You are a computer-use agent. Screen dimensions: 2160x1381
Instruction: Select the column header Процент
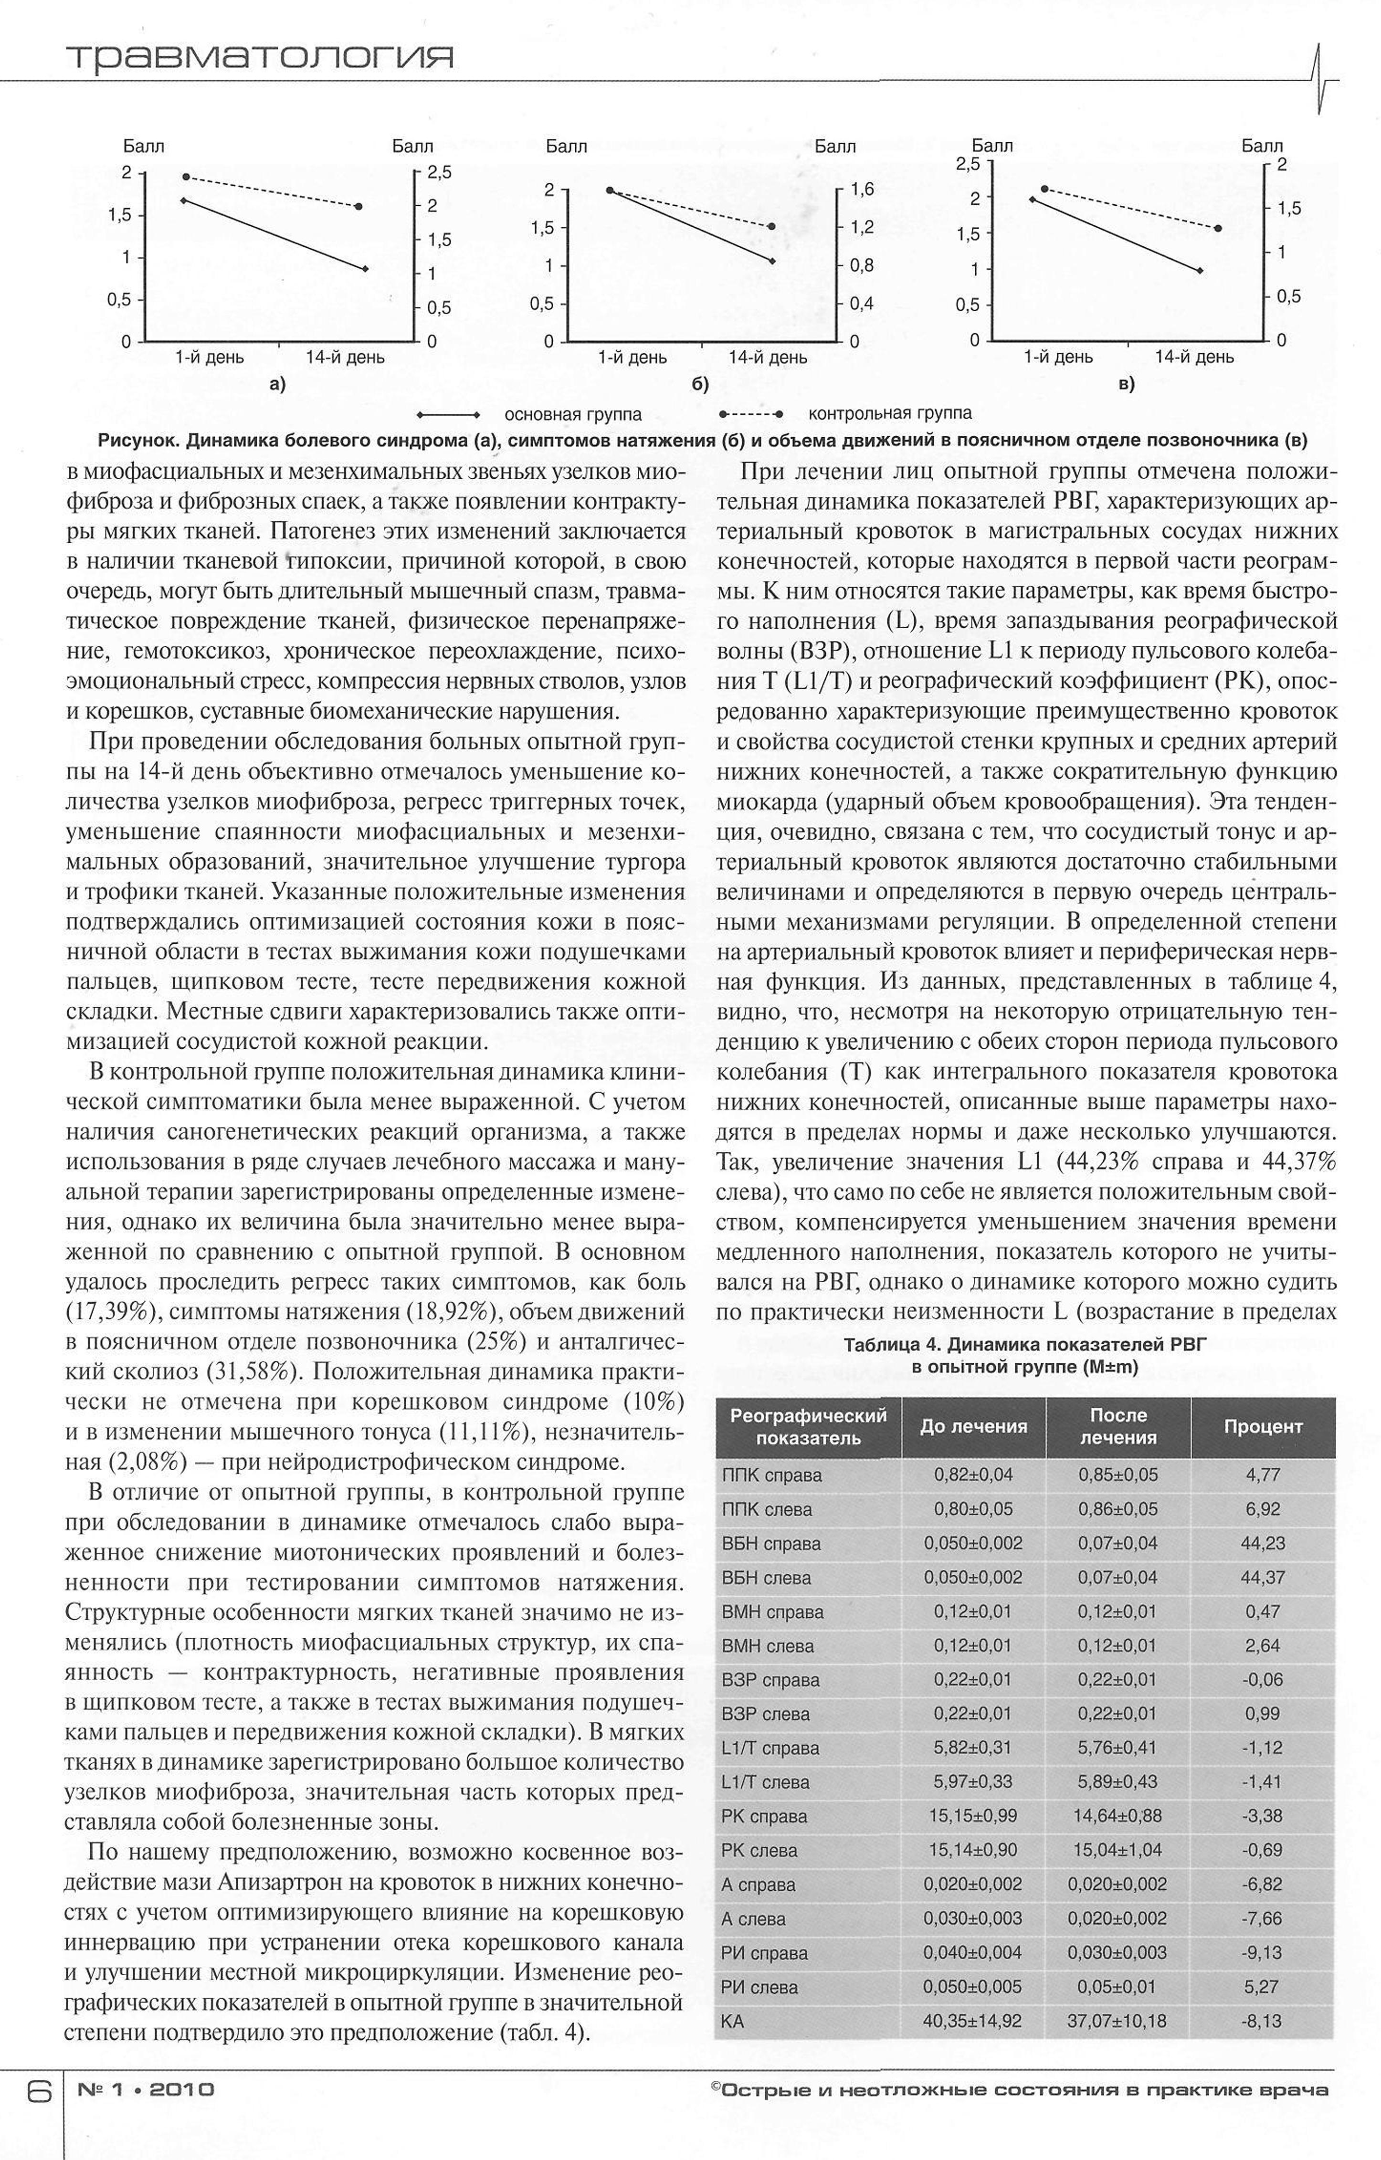tap(1263, 1426)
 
